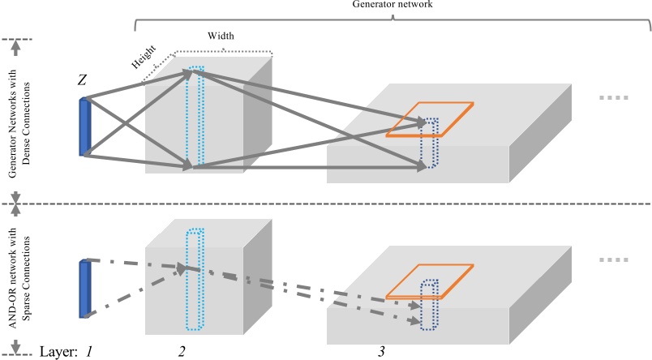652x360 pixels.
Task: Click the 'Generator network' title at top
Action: coord(392,5)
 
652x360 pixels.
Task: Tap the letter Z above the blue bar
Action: coord(83,80)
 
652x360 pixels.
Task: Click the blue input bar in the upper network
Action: coord(84,126)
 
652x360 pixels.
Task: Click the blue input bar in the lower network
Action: coord(84,288)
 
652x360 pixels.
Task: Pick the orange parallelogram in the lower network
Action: coord(429,282)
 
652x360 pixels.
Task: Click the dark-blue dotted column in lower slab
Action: coord(429,305)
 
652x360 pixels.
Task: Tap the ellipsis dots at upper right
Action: coord(613,97)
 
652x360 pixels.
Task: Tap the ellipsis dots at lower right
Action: coord(613,261)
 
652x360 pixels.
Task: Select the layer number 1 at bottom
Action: coord(91,351)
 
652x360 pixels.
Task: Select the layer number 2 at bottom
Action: coord(182,351)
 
